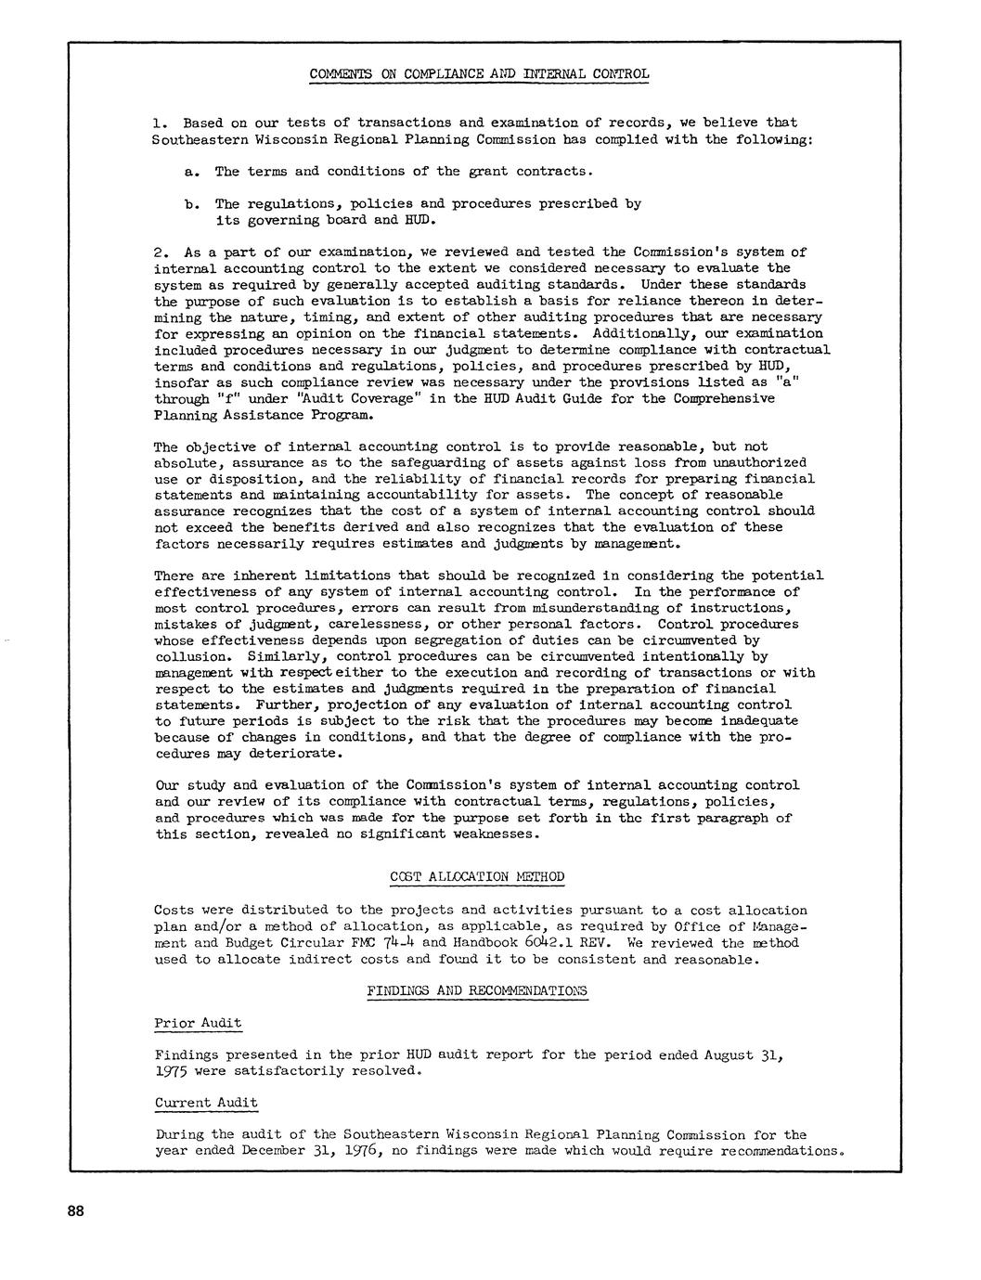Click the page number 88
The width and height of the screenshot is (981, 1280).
(x=75, y=1210)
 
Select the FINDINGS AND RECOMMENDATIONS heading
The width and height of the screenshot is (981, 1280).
(x=477, y=991)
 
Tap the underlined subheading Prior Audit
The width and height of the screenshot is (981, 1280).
(x=198, y=1023)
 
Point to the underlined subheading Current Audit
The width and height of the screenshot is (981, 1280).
(x=206, y=1103)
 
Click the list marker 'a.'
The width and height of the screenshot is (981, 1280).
(x=191, y=172)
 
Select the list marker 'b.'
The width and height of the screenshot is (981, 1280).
(x=191, y=204)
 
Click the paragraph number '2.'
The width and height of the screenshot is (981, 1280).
(x=161, y=252)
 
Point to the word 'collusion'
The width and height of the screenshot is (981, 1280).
(x=190, y=656)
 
